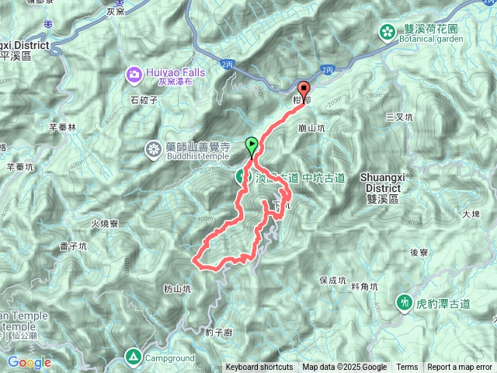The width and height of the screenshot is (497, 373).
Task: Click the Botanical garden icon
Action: (x=386, y=31)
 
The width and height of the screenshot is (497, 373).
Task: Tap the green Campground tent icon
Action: (x=133, y=357)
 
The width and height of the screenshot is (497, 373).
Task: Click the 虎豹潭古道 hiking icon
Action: (x=404, y=301)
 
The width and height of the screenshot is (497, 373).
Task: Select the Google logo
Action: (x=30, y=362)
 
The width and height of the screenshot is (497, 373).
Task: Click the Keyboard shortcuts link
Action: (x=259, y=368)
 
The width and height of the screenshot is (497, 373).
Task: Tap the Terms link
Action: (x=407, y=368)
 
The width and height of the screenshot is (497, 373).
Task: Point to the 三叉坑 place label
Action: (x=400, y=117)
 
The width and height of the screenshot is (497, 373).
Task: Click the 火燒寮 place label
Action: (x=104, y=224)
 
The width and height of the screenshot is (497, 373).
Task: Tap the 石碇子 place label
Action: (x=144, y=100)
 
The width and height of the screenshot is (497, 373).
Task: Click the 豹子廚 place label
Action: (x=219, y=333)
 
